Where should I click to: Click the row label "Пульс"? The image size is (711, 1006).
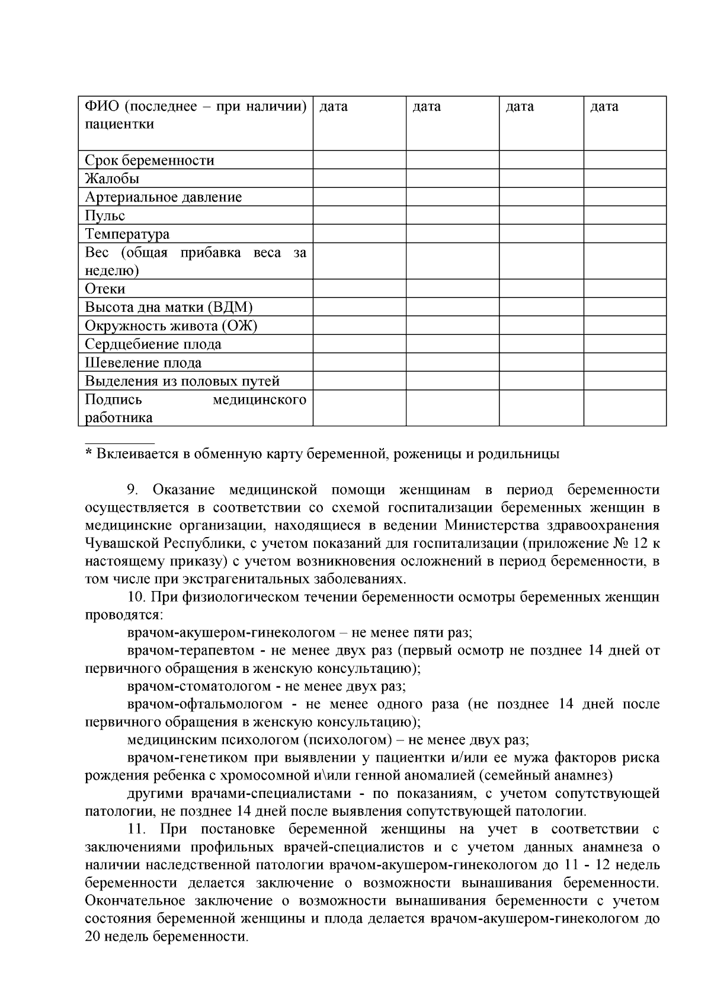coord(105,216)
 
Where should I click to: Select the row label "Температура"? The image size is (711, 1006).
coord(127,234)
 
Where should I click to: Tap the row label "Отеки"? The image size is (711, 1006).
coord(105,289)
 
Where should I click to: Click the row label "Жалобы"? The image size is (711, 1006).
coord(112,179)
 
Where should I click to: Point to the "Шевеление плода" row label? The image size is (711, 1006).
coord(143,363)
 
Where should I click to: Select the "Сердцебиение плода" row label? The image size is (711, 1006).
coord(153,344)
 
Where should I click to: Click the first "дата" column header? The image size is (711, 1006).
coord(334,107)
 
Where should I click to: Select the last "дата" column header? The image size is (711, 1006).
coord(604,107)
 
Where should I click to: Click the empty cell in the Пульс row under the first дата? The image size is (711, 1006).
coord(359,216)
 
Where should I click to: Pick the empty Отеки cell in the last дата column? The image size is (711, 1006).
coord(624,289)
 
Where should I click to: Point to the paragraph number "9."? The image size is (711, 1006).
coord(133,490)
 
